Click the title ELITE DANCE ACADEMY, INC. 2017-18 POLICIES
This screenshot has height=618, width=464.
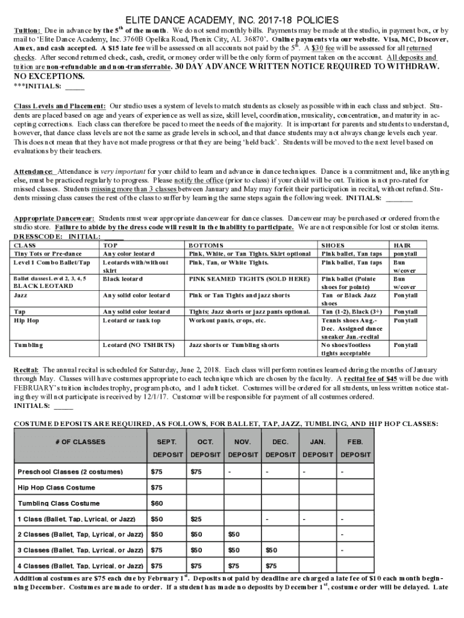(x=232, y=19)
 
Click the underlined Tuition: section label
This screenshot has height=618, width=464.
(x=27, y=30)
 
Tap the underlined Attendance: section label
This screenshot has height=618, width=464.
(x=34, y=172)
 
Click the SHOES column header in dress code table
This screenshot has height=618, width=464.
(x=333, y=246)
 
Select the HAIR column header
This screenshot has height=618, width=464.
(x=402, y=246)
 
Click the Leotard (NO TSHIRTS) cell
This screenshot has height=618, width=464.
(x=139, y=345)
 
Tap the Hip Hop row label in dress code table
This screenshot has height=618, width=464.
(x=27, y=320)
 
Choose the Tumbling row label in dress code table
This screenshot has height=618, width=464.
(x=28, y=345)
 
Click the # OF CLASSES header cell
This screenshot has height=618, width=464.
(x=80, y=442)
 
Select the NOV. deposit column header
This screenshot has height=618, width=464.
(x=243, y=442)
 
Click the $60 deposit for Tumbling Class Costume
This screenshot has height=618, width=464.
(x=157, y=503)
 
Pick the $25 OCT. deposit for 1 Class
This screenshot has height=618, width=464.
(x=196, y=518)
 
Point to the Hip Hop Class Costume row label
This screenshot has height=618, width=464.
(x=57, y=487)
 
